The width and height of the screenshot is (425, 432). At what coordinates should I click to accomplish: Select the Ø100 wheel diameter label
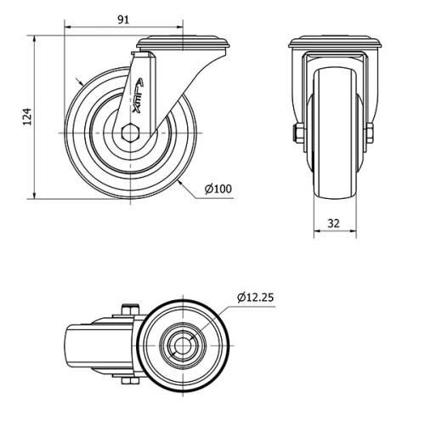pyautogui.click(x=218, y=188)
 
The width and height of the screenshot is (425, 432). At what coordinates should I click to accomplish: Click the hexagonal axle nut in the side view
pyautogui.click(x=129, y=134)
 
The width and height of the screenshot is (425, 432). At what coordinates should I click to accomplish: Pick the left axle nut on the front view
pyautogui.click(x=297, y=134)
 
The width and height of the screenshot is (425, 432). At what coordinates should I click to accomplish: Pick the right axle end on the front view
pyautogui.click(x=371, y=134)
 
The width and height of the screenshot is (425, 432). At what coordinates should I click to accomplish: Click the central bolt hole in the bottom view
pyautogui.click(x=184, y=345)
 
